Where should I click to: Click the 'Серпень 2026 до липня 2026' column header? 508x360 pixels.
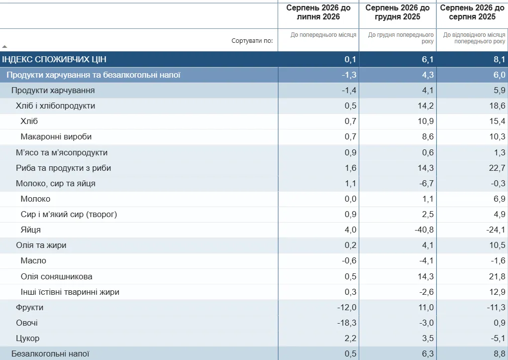(x=318, y=12)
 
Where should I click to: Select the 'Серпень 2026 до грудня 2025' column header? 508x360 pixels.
(x=398, y=12)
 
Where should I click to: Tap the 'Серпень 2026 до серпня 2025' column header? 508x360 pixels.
(x=472, y=12)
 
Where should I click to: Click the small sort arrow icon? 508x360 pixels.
(x=4, y=46)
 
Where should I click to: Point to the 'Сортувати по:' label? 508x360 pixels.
(x=252, y=40)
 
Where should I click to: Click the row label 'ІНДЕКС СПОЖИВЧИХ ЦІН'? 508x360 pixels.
(x=54, y=59)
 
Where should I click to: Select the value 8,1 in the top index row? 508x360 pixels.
(x=499, y=59)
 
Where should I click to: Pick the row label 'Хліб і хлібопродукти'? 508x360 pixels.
(x=55, y=106)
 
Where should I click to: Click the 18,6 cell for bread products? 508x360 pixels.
(x=498, y=106)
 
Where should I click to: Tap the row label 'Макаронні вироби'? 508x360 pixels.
(x=56, y=136)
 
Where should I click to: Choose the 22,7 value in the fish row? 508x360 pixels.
(x=498, y=168)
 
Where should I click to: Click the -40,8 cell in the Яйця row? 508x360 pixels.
(x=424, y=230)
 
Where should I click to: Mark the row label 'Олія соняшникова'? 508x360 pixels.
(x=56, y=277)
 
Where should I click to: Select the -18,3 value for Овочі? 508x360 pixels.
(x=347, y=323)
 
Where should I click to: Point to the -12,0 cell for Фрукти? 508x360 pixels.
(x=347, y=307)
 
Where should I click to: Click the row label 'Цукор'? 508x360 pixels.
(x=27, y=338)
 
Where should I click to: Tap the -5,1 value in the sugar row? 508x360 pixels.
(x=498, y=338)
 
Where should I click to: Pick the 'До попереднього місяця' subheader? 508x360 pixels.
(x=323, y=35)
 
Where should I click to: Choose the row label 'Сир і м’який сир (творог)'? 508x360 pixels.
(x=69, y=215)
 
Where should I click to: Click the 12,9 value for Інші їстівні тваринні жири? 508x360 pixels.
(x=498, y=292)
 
